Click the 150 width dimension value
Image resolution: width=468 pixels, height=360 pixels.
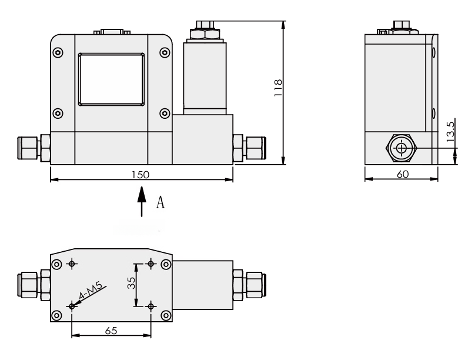click(x=141, y=175)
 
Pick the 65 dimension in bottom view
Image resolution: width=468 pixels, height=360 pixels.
click(x=111, y=331)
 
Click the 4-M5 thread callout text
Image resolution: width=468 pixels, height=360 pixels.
click(x=91, y=292)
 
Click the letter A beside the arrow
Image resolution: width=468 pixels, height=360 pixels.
click(x=159, y=203)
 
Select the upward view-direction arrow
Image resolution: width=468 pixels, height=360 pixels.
click(x=141, y=202)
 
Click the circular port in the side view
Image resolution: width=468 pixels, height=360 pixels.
click(x=402, y=148)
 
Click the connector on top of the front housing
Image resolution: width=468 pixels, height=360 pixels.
click(x=111, y=32)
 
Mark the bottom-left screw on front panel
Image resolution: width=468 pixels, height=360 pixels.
click(x=58, y=113)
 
